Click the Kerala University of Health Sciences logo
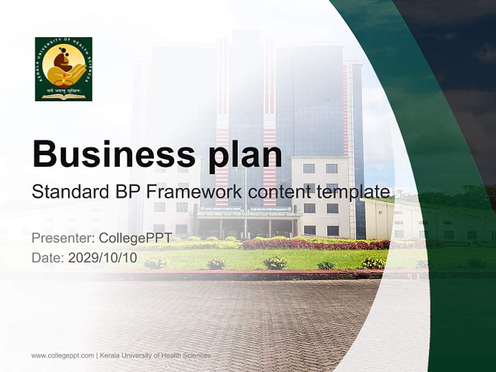(x=64, y=69)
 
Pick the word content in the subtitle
(x=278, y=192)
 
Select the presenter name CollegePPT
(x=135, y=238)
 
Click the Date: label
(x=48, y=258)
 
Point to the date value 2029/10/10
(x=103, y=258)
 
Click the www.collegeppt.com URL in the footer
(x=63, y=355)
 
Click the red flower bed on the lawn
(x=315, y=244)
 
